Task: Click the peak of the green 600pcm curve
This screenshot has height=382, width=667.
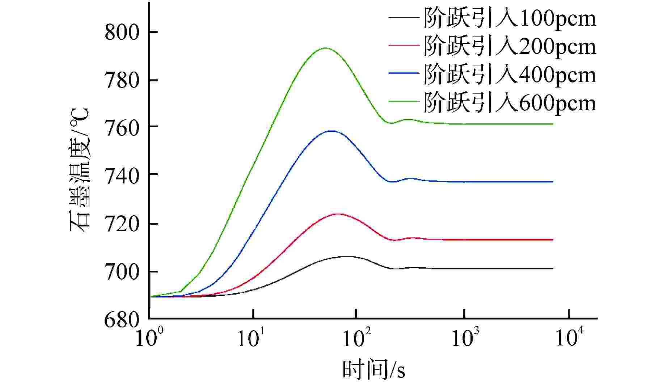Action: click(326, 48)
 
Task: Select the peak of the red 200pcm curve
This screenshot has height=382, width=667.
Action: click(338, 214)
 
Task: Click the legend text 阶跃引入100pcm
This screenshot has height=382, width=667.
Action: click(510, 18)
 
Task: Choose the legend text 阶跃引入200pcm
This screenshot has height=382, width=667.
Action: click(510, 46)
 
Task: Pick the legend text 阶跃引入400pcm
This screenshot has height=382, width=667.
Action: click(510, 75)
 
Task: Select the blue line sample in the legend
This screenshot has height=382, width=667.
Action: click(404, 73)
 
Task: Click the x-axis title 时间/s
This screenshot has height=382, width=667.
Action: click(374, 370)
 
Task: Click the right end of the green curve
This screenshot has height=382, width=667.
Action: click(553, 124)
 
